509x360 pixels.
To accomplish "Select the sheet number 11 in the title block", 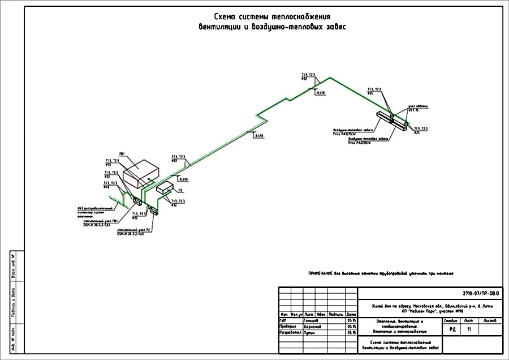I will click(469, 328).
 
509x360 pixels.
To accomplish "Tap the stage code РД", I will click(452, 328).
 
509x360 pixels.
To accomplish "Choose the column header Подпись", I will click(336, 314).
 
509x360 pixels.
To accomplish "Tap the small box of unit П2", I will click(165, 187).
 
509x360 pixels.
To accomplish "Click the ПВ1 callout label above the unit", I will click(123, 153).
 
